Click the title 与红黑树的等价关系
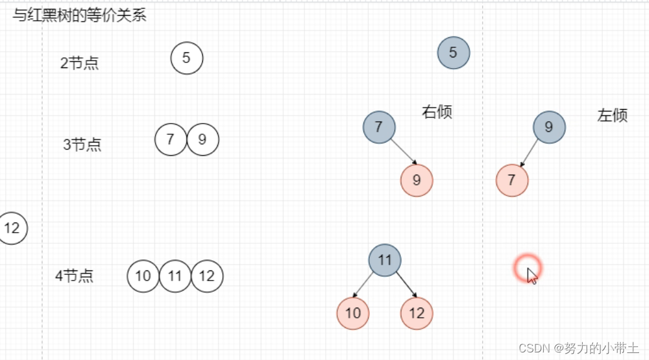tap(79, 16)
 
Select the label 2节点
tap(79, 63)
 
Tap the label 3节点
tap(82, 144)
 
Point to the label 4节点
tap(74, 276)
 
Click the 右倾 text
tap(437, 112)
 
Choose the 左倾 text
tap(612, 115)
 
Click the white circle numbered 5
tap(187, 58)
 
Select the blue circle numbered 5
tap(453, 53)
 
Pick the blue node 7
tap(379, 127)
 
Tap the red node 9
tap(416, 180)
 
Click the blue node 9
tap(549, 127)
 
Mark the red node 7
tap(512, 180)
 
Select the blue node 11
tap(384, 260)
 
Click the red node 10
tap(353, 313)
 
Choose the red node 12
tap(416, 313)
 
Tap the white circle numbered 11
tap(175, 276)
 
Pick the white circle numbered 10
tap(143, 276)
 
